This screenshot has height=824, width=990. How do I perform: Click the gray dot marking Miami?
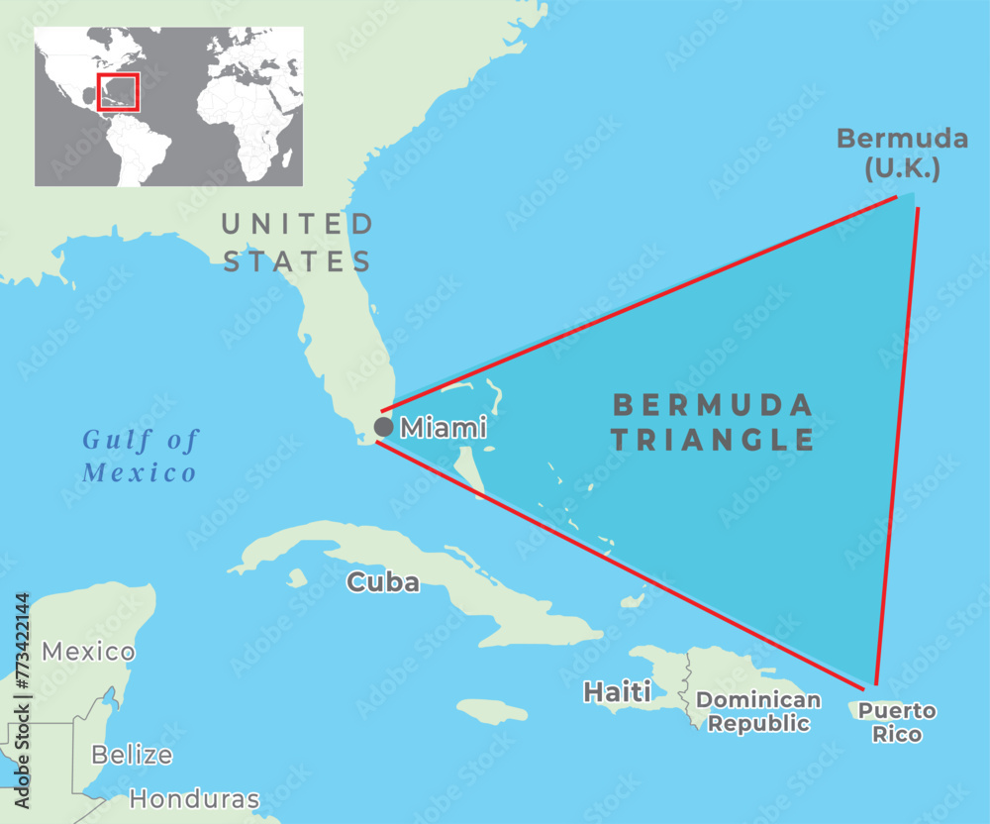pyautogui.click(x=384, y=427)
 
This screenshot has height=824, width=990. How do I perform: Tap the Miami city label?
pyautogui.click(x=443, y=429)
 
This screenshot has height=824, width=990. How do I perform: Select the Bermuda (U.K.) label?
pyautogui.click(x=887, y=154)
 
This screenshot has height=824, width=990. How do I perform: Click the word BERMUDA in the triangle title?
pyautogui.click(x=713, y=404)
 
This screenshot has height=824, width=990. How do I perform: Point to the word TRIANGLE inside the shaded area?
pyautogui.click(x=713, y=440)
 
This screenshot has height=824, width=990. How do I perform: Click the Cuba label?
pyautogui.click(x=382, y=582)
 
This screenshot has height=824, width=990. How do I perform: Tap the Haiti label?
pyautogui.click(x=617, y=691)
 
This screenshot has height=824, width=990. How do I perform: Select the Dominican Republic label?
pyautogui.click(x=758, y=712)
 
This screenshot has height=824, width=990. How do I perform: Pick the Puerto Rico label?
pyautogui.click(x=896, y=722)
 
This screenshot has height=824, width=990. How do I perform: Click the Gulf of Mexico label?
pyautogui.click(x=140, y=456)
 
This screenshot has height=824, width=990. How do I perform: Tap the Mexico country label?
pyautogui.click(x=88, y=652)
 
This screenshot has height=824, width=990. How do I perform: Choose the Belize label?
pyautogui.click(x=132, y=755)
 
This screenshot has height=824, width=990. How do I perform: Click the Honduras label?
pyautogui.click(x=194, y=798)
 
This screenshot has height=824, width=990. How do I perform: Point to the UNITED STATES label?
pyautogui.click(x=297, y=243)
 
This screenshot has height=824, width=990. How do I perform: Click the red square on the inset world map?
pyautogui.click(x=119, y=92)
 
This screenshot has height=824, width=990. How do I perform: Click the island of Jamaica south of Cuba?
pyautogui.click(x=492, y=711)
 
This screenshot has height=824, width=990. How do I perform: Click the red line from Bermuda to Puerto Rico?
pyautogui.click(x=897, y=446)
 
